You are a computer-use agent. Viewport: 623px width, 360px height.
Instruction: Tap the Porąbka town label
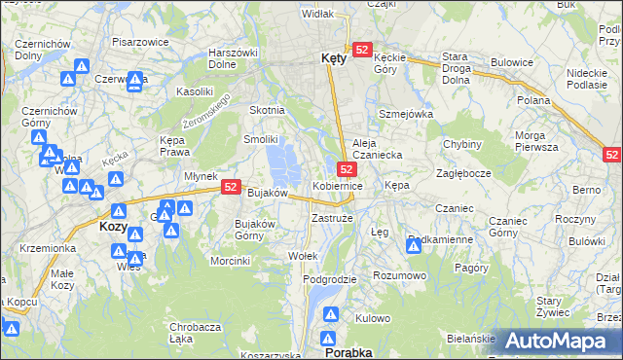(348, 352)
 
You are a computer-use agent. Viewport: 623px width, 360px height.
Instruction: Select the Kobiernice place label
(338, 185)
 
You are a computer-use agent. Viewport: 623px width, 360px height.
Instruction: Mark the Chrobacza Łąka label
(194, 333)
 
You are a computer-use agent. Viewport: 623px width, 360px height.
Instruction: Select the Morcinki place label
(231, 261)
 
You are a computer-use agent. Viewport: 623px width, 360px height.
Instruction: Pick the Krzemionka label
(47, 248)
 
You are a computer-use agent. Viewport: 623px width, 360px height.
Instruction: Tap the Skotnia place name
(268, 110)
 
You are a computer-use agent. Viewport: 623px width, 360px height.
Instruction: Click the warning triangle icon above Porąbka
(331, 316)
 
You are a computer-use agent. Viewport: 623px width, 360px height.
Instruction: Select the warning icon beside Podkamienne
(414, 247)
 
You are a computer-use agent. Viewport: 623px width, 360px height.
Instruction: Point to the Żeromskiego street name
(207, 113)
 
